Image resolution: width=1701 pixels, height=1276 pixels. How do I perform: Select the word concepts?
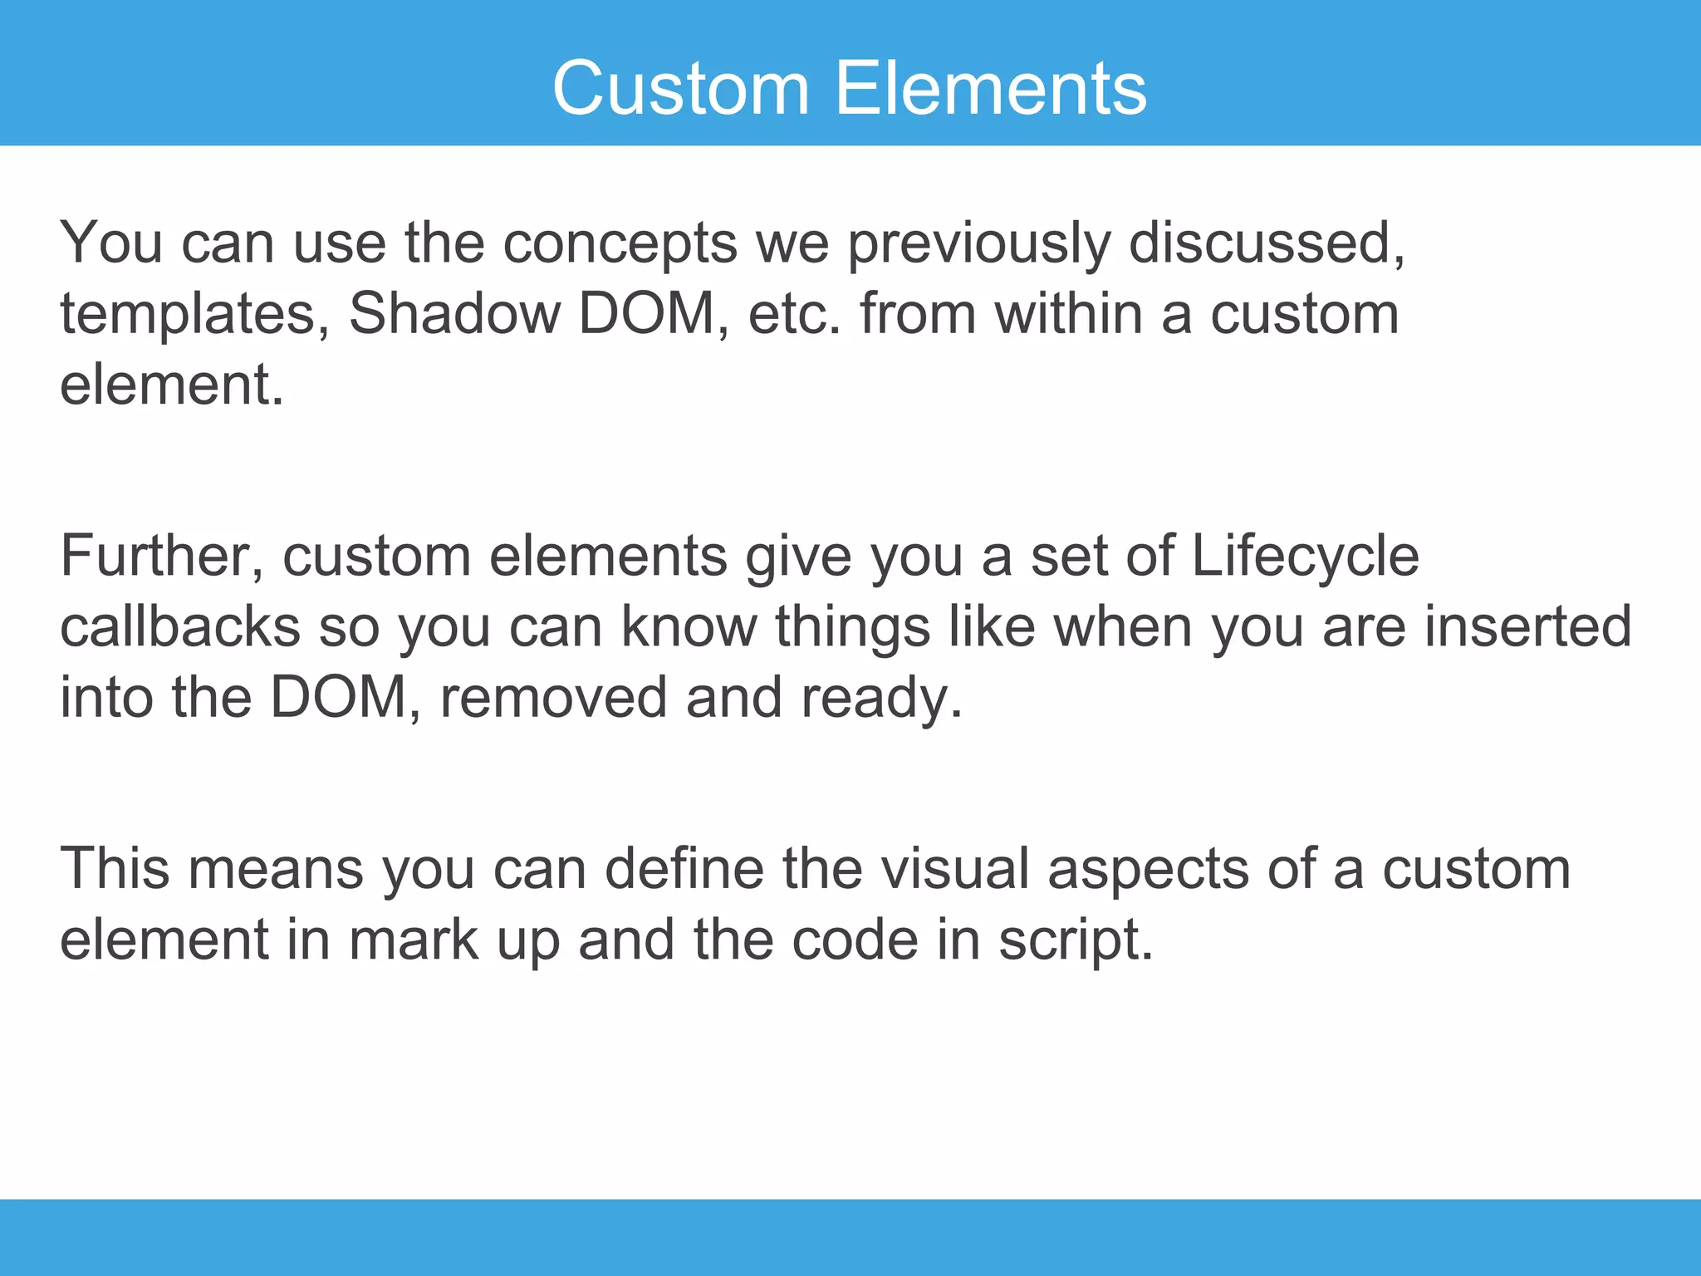coord(620,245)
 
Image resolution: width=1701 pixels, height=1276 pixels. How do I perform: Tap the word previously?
coord(978,245)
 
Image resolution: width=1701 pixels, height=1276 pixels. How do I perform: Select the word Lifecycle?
coord(1305,557)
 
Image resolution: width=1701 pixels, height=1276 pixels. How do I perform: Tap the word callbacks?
coord(180,626)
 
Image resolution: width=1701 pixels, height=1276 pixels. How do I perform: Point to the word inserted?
coord(1527,626)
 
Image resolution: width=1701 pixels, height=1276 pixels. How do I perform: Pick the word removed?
coord(553,698)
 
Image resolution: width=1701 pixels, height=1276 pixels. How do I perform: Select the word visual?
coord(954,869)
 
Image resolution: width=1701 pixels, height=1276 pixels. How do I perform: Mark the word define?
coord(684,869)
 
